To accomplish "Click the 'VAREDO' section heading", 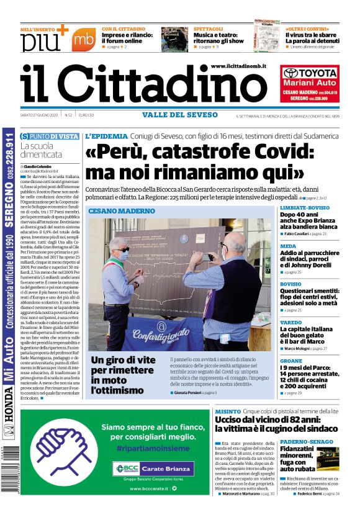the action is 291,323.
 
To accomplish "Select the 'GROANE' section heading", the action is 292,361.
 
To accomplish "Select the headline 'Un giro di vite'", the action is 124,361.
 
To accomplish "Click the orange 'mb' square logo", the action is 83,40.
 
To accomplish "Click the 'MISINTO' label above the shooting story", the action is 228,411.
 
